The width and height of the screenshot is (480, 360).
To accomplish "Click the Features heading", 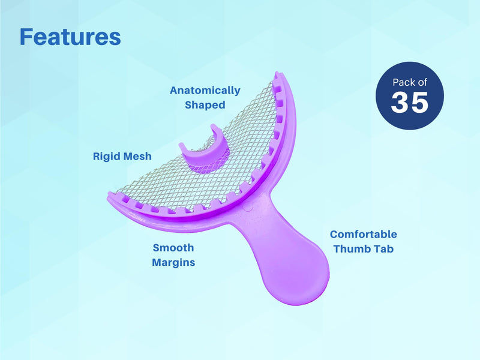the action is tap(70, 37).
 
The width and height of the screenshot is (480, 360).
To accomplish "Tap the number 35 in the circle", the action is tap(410, 103).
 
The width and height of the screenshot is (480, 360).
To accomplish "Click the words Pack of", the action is tap(410, 82).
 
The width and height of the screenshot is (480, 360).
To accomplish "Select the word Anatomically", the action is tap(205, 91).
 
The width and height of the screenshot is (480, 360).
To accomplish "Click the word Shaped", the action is tap(205, 104).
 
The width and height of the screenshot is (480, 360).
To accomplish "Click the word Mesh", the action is tap(137, 156).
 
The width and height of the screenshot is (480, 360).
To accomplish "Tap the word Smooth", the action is tap(173, 248).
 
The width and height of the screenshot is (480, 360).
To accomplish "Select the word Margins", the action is tap(173, 262).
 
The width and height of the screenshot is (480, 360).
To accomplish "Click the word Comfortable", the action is tap(364, 234).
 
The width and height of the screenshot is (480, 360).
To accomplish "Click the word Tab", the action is tap(383, 248).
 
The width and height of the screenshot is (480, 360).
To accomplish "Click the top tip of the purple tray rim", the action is tap(277, 74).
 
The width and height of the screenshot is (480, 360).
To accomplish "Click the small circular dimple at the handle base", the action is tap(248, 207).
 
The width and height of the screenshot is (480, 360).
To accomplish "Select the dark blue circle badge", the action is tap(410, 95).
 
